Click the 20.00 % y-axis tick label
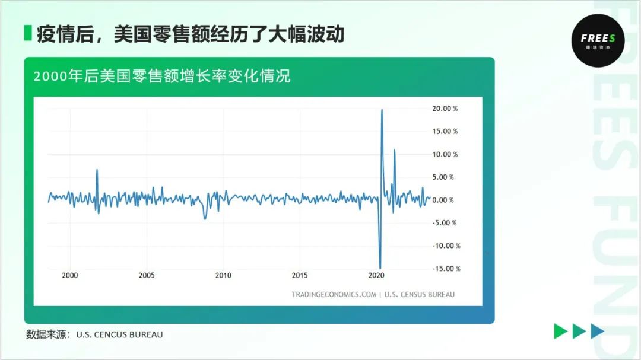click(x=445, y=109)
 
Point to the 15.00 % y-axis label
click(x=445, y=132)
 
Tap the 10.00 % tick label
click(x=445, y=154)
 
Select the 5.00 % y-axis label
click(x=443, y=177)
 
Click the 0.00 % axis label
click(x=443, y=200)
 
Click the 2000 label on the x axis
click(x=70, y=276)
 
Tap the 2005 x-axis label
click(x=147, y=276)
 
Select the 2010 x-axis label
click(x=223, y=276)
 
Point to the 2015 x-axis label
click(x=300, y=276)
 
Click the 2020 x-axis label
click(x=376, y=276)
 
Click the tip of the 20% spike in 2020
click(x=382, y=110)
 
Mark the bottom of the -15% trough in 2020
click(x=380, y=268)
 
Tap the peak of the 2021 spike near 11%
click(x=394, y=150)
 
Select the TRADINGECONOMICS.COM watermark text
click(x=334, y=294)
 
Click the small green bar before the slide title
click(x=27, y=33)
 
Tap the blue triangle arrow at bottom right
click(x=597, y=332)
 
